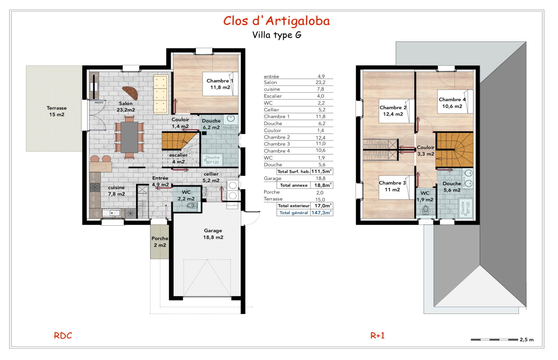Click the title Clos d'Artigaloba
click(276, 21)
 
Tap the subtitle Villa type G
click(276, 35)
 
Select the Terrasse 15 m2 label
click(57, 111)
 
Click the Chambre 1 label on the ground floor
click(220, 84)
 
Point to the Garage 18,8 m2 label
click(213, 234)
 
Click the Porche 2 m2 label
click(160, 242)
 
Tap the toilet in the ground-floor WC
click(192, 206)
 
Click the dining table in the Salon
click(129, 137)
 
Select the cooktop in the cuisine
click(95, 187)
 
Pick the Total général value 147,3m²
click(321, 213)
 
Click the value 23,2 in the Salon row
click(320, 82)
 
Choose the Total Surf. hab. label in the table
click(293, 172)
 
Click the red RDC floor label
click(63, 336)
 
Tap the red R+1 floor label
click(377, 336)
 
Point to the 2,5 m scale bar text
click(526, 339)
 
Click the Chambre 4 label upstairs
click(452, 103)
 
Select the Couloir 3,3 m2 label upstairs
click(426, 150)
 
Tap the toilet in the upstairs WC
click(426, 209)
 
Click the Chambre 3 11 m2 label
click(392, 186)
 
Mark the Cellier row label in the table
click(271, 110)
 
